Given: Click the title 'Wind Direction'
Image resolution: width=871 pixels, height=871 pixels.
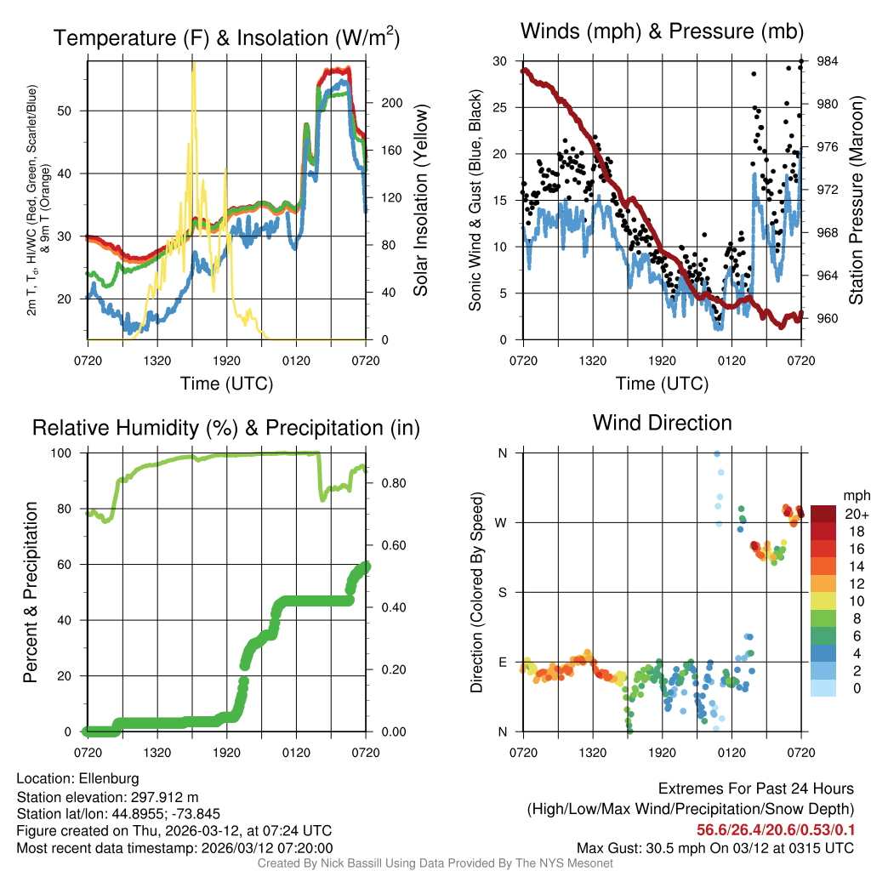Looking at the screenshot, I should point(662,423).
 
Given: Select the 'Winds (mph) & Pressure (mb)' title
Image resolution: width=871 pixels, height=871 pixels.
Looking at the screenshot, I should point(662,32).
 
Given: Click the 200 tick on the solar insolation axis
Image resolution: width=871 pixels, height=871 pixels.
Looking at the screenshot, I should point(390,102).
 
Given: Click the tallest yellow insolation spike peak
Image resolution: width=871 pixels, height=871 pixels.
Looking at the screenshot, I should point(193,62).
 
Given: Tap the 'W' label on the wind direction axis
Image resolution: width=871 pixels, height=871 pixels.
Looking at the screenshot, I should point(503,522).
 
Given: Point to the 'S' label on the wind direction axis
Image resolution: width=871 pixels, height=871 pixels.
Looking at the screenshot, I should point(503,592).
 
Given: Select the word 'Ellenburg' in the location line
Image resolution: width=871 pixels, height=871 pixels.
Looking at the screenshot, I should point(109,778).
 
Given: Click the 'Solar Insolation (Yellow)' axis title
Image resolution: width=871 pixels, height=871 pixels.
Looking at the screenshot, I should point(420,200).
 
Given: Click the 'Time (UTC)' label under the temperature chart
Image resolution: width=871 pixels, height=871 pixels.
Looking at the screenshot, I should point(226,384).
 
